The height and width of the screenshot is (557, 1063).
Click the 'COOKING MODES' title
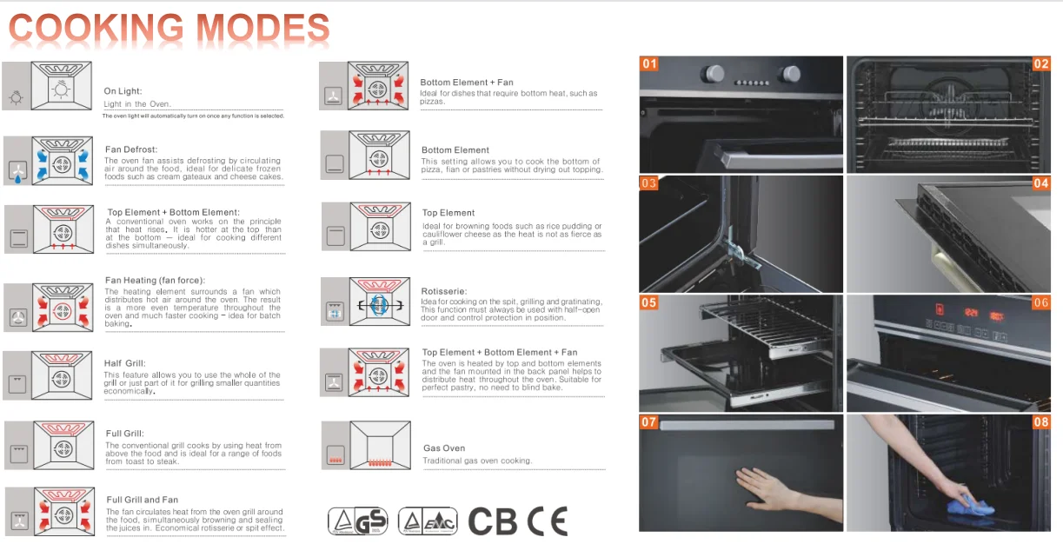coord(169,28)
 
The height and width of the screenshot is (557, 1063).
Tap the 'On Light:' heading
coord(123,91)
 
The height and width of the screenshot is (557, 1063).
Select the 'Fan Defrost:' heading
coord(131,149)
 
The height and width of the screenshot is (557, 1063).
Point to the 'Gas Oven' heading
coord(444,448)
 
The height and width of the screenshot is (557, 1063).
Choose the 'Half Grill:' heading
coord(125,363)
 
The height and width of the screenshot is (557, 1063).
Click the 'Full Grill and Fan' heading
coord(143,500)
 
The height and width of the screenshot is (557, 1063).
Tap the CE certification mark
coord(548,521)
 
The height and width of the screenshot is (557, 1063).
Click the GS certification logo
coord(357,521)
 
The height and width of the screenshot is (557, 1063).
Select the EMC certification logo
coord(428,521)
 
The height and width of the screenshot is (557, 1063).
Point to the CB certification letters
coord(492,521)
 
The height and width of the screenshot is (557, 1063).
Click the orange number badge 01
coord(649,63)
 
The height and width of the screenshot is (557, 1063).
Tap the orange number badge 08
coord(1041,421)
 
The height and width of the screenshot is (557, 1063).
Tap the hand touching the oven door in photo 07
coord(768,488)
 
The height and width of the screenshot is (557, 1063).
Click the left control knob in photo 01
coord(713,74)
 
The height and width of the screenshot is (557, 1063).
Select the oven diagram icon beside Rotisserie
coord(380,302)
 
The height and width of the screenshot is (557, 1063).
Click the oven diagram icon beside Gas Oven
coord(380,445)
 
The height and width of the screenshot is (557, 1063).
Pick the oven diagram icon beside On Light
coord(61,85)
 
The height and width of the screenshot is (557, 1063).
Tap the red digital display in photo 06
coord(972,313)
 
